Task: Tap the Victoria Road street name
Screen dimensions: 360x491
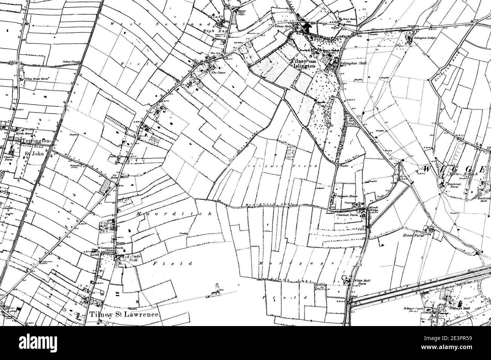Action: click(28, 145)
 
